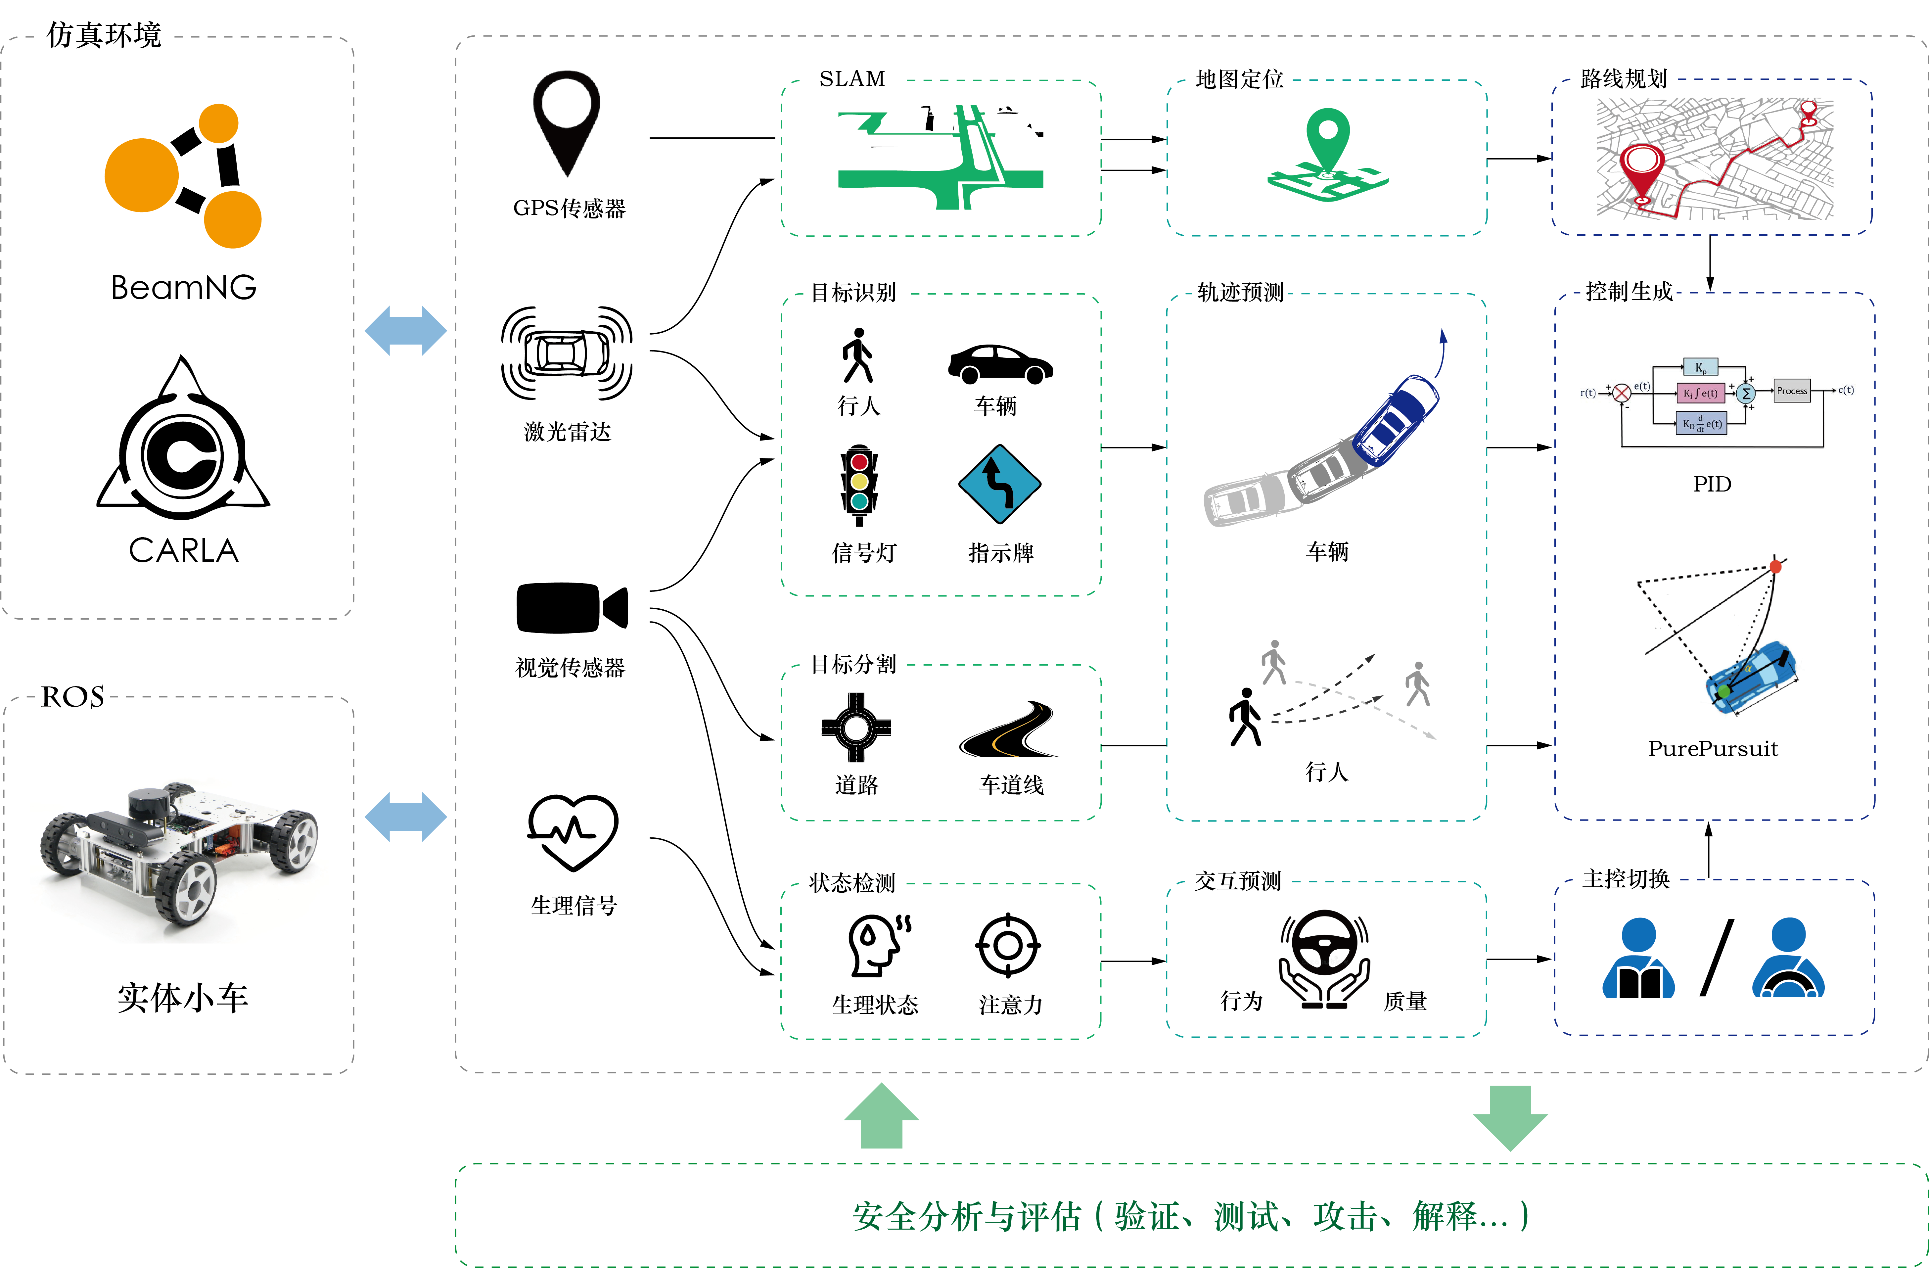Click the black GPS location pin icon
pos(567,121)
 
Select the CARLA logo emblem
pos(183,442)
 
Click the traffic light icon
pos(859,485)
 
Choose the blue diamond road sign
pos(999,484)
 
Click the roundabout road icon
pos(856,727)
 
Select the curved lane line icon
pos(1009,730)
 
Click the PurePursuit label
pos(1713,748)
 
